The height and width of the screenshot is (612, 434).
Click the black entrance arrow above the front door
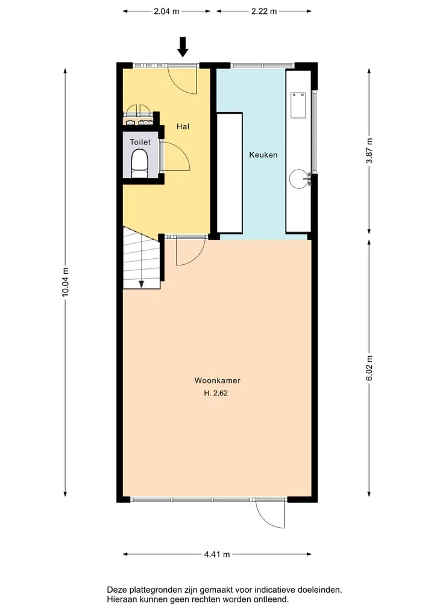183,46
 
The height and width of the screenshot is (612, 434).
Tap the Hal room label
183,126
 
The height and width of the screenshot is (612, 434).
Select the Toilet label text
140,142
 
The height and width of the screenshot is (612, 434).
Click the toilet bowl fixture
139,164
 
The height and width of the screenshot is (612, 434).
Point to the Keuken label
263,155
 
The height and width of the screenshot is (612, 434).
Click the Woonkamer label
218,380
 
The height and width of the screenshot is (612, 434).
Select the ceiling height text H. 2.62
215,393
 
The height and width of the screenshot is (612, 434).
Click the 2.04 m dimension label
166,11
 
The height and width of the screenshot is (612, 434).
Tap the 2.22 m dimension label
264,11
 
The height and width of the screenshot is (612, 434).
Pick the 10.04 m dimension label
65,282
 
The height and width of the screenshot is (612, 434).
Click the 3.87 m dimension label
369,151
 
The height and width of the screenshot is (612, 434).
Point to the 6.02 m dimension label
369,368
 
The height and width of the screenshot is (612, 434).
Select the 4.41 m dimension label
217,554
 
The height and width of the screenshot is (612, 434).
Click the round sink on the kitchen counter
300,179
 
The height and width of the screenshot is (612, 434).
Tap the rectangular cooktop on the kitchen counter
298,105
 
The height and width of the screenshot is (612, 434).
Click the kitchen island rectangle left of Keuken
230,173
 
